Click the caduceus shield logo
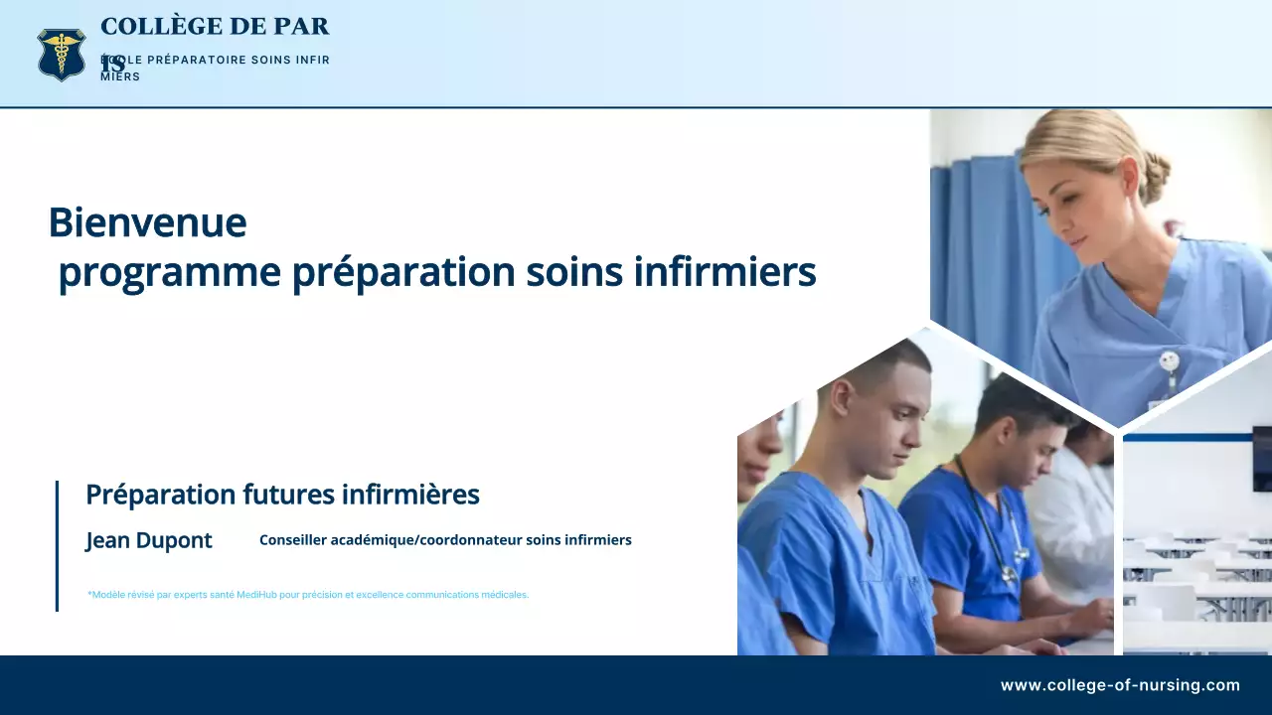point(62,54)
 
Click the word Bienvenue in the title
point(147,222)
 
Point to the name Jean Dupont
point(149,541)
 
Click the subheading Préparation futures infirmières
point(282,495)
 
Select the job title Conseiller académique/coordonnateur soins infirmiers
point(445,540)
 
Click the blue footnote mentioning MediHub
point(308,595)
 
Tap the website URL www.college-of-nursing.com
point(1120,685)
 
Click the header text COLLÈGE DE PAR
point(215,27)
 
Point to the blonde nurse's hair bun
point(1154,176)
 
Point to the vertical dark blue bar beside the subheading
point(57,545)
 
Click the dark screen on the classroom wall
point(1261,457)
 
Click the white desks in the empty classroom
point(1192,586)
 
